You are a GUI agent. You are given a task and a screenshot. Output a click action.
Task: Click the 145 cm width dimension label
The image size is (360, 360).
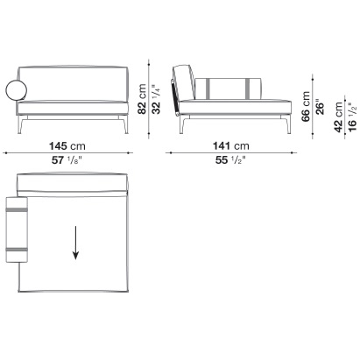click(67, 145)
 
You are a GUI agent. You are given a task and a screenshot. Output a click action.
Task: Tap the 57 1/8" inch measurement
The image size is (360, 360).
click(67, 160)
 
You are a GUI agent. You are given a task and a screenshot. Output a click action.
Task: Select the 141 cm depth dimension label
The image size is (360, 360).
click(231, 145)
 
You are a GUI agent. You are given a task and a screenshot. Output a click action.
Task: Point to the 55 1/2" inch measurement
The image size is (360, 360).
click(230, 160)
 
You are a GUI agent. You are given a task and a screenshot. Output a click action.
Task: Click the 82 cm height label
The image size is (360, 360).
click(142, 99)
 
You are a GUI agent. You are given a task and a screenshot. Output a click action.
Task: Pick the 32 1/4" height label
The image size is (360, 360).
click(156, 99)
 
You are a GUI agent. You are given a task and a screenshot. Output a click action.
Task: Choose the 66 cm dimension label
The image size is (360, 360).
click(306, 106)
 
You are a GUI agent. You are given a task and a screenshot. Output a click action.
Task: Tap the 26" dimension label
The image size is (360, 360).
click(320, 109)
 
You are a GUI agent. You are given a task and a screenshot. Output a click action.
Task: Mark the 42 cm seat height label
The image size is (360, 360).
click(338, 117)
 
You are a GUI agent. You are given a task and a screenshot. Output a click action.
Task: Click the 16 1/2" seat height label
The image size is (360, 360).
click(352, 117)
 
